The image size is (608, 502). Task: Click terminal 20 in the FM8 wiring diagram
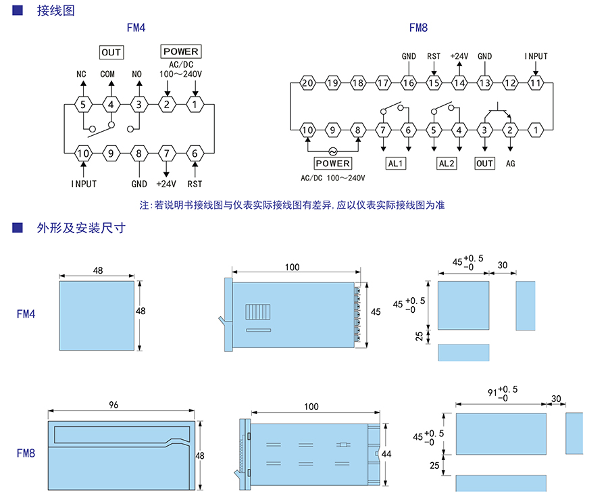pyautogui.click(x=307, y=83)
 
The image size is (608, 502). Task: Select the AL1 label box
pyautogui.click(x=395, y=164)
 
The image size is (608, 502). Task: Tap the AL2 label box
pyautogui.click(x=447, y=164)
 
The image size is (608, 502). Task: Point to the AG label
pyautogui.click(x=510, y=164)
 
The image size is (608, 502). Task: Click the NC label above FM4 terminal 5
pyautogui.click(x=82, y=74)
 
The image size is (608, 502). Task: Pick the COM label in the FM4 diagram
pyautogui.click(x=108, y=74)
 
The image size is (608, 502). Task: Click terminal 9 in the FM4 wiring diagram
pyautogui.click(x=111, y=153)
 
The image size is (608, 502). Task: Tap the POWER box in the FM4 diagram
pyautogui.click(x=181, y=51)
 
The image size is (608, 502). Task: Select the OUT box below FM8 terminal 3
pyautogui.click(x=485, y=164)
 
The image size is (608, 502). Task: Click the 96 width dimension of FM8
pyautogui.click(x=113, y=405)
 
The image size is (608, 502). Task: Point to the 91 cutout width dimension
pyautogui.click(x=492, y=391)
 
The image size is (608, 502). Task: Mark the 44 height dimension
pyautogui.click(x=386, y=454)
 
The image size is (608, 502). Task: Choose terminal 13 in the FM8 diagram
pyautogui.click(x=484, y=83)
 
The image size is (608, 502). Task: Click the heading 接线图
pyautogui.click(x=55, y=10)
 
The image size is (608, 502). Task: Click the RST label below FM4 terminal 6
pyautogui.click(x=195, y=183)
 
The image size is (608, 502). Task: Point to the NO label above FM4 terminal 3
pyautogui.click(x=137, y=74)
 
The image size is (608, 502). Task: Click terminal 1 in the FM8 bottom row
pyautogui.click(x=536, y=129)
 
